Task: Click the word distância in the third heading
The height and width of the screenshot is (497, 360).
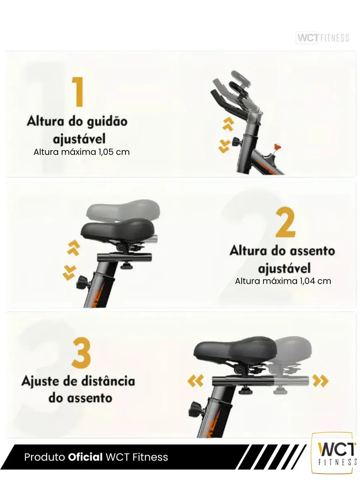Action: [x=108, y=381]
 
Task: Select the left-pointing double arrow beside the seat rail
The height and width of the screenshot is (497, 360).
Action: [x=195, y=381]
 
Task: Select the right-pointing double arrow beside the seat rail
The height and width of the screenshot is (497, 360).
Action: [x=321, y=381]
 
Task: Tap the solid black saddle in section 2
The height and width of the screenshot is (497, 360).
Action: [x=117, y=231]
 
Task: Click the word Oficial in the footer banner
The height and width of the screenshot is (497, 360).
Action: [x=85, y=457]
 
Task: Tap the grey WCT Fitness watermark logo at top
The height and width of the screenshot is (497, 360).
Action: [x=322, y=38]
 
